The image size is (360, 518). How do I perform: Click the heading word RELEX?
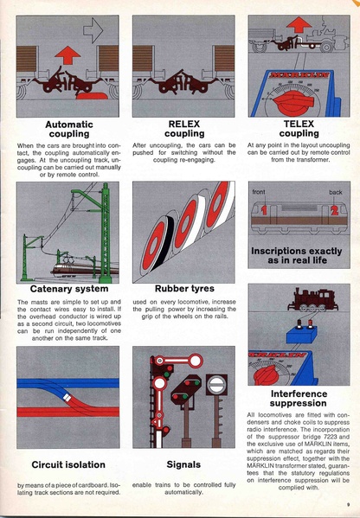click(x=183, y=124)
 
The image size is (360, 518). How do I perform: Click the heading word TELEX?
click(x=299, y=124)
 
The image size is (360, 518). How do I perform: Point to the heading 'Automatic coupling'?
click(x=68, y=129)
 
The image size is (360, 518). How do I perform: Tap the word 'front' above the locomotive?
click(x=260, y=190)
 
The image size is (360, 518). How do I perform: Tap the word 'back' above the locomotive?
click(x=335, y=190)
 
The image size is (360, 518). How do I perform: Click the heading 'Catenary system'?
click(x=68, y=288)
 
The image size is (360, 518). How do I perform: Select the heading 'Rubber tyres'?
click(x=183, y=288)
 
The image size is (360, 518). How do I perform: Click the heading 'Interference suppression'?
click(x=299, y=399)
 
